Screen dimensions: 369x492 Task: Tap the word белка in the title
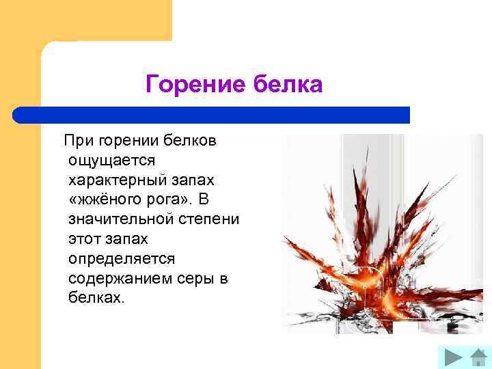point(288,85)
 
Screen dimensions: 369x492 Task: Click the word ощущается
point(112,161)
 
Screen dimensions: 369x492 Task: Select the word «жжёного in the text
point(105,200)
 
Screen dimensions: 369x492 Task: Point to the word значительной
point(118,220)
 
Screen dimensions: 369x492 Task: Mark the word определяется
point(122,260)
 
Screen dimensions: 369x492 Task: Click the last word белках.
point(97,299)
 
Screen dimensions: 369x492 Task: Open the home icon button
point(478,357)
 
